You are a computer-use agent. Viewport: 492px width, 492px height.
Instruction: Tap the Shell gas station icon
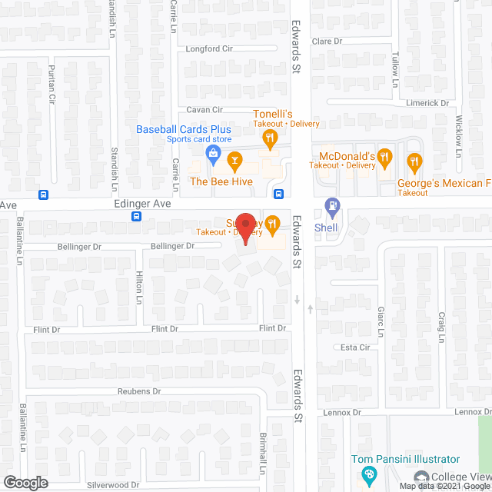click(x=332, y=207)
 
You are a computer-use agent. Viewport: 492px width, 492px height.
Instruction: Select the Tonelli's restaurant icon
click(x=269, y=139)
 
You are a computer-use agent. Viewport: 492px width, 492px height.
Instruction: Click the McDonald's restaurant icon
click(x=386, y=161)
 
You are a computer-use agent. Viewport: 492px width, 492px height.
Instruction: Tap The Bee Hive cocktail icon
click(x=236, y=161)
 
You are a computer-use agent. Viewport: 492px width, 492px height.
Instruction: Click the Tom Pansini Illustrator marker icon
click(x=368, y=474)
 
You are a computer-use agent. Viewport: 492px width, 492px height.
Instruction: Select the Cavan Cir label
click(x=204, y=110)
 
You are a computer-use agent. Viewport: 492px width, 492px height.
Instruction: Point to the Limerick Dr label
click(x=428, y=103)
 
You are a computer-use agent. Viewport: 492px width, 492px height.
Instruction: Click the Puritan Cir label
click(x=53, y=88)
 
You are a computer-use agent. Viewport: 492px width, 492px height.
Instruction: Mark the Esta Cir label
click(x=355, y=347)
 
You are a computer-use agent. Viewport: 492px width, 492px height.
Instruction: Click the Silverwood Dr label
click(x=113, y=484)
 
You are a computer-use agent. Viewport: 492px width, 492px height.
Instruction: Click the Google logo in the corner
click(x=25, y=483)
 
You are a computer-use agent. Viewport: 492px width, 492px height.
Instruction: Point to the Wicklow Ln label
click(x=458, y=131)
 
